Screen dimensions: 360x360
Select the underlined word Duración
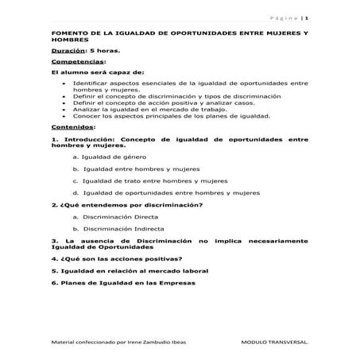[x=66, y=50]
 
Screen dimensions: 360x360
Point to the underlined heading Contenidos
[x=72, y=126]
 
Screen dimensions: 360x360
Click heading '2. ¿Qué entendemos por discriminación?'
[x=126, y=204]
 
